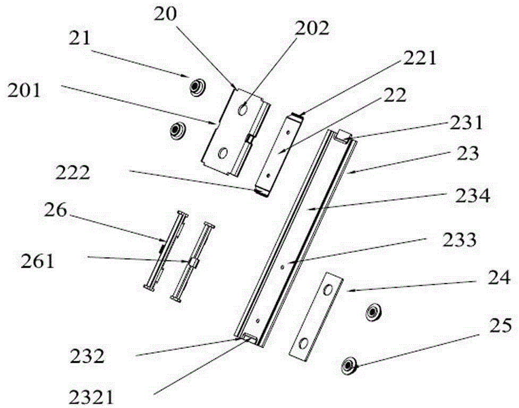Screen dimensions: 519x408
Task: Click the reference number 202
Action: (x=312, y=29)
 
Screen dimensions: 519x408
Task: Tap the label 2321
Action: (x=91, y=397)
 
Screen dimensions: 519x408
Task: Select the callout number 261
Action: (x=37, y=261)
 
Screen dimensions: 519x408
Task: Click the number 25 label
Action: (x=501, y=326)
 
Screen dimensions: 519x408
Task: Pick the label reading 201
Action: (x=24, y=90)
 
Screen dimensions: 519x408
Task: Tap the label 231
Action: (x=466, y=123)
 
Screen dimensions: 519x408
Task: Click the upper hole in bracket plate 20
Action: (x=243, y=109)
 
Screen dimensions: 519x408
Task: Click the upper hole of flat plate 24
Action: (x=328, y=291)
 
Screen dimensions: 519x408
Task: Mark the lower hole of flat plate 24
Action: (x=303, y=343)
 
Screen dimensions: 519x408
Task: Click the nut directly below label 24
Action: (x=373, y=312)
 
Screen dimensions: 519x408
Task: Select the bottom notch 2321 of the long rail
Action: (x=249, y=338)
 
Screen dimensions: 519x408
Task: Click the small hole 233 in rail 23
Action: (x=282, y=266)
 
